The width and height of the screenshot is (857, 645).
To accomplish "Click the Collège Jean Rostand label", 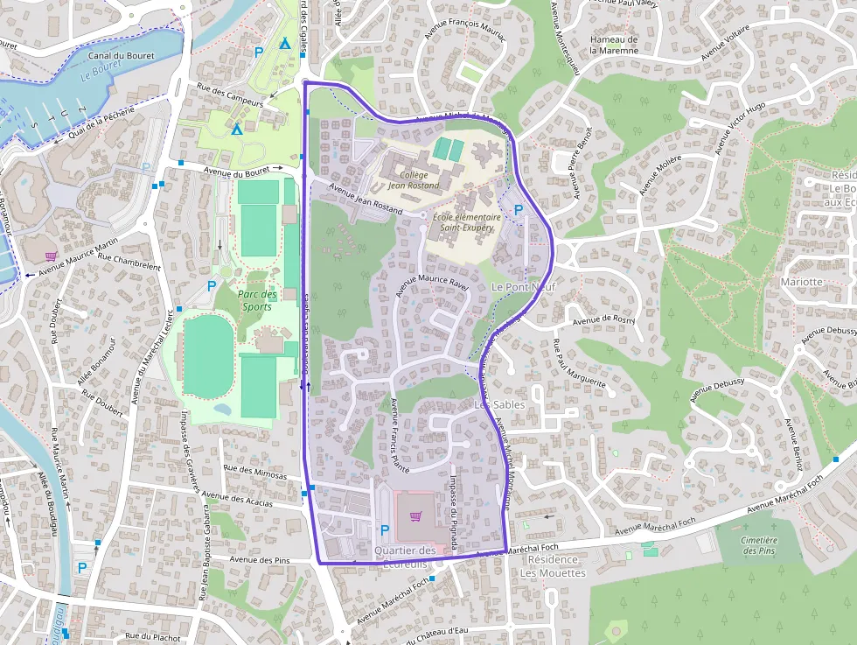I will coord(415,179).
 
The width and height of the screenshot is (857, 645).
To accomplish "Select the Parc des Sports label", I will coord(257,300).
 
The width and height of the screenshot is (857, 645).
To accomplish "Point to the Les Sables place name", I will coord(499,404).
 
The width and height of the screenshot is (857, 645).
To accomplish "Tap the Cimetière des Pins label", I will coord(758,545).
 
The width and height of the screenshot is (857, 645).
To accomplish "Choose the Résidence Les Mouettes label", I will coord(553,566).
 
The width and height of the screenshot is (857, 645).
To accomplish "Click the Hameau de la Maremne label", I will coord(614,45).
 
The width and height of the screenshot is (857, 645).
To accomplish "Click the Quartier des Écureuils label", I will coord(404,557).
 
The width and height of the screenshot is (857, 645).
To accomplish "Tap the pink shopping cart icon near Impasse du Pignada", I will coord(415,516).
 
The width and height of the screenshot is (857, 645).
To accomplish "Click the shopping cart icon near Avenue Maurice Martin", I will coord(51,256).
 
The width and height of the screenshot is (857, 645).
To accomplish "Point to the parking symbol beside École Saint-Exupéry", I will coord(519,210).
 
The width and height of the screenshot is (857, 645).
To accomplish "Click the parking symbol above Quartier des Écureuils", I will coord(385,529).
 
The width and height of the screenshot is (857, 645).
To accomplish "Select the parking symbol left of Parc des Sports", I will coord(211,285).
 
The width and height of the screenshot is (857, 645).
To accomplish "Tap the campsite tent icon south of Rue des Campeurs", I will coord(237,130).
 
